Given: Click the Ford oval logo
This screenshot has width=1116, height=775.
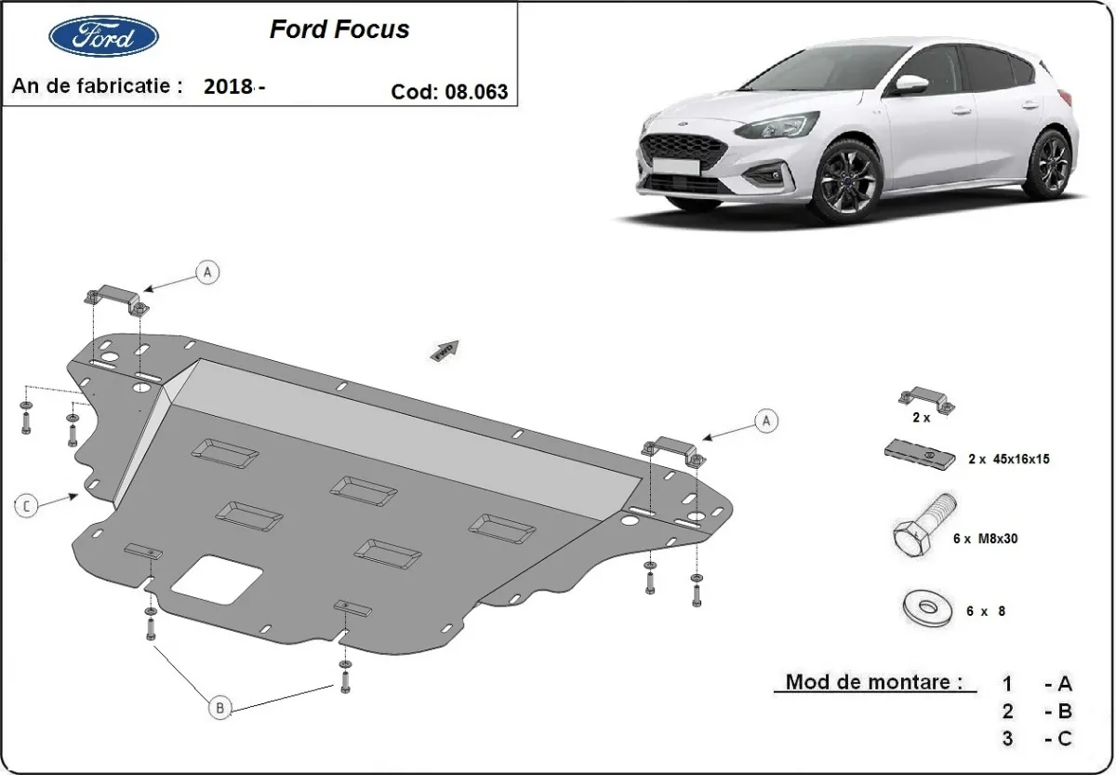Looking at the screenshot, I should (x=102, y=36).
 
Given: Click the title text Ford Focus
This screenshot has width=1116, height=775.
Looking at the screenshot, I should (x=339, y=30).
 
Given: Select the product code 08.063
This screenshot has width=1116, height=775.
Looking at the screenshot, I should (x=476, y=91).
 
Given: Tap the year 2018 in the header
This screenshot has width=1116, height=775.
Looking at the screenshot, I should (x=228, y=87).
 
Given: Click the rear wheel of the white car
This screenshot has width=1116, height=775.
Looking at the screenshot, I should (x=1052, y=163).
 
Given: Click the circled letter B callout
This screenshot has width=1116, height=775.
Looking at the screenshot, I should (x=220, y=708).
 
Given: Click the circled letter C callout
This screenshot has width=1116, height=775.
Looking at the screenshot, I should (x=27, y=505).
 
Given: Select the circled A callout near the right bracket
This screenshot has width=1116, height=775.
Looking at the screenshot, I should (x=766, y=421).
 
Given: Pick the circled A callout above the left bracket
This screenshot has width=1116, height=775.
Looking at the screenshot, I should (x=208, y=272).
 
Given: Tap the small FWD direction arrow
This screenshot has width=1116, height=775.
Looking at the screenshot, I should (x=445, y=349).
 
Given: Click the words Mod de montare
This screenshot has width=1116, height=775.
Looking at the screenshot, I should (x=873, y=682).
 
